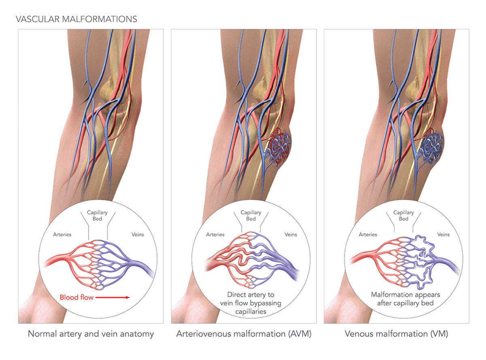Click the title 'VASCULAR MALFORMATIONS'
(76, 19)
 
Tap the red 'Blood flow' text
(77, 298)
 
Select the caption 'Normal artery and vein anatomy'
(91, 334)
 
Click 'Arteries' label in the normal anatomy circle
(62, 234)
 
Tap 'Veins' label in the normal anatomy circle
(138, 234)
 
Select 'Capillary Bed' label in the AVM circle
(251, 216)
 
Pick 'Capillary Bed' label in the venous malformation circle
(404, 216)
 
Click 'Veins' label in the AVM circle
(290, 234)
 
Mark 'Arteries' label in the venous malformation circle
(368, 234)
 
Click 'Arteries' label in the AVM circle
(215, 234)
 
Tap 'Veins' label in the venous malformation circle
(443, 234)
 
